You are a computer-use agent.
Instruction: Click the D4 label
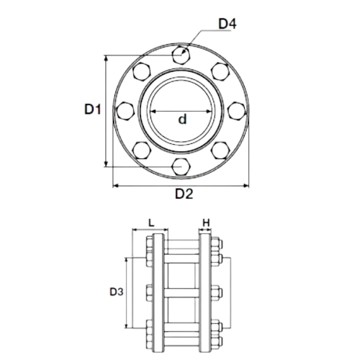click(228, 24)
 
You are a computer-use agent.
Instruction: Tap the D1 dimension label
click(93, 109)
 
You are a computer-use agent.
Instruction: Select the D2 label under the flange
click(184, 194)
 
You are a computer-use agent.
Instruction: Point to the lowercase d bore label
click(182, 119)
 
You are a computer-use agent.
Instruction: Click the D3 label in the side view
click(117, 292)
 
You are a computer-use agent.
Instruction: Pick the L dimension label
click(151, 223)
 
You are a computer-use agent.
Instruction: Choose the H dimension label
click(206, 223)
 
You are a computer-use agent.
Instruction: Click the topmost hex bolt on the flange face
click(181, 55)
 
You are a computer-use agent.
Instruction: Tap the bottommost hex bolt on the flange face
click(181, 166)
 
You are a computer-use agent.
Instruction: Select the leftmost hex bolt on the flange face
click(125, 111)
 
